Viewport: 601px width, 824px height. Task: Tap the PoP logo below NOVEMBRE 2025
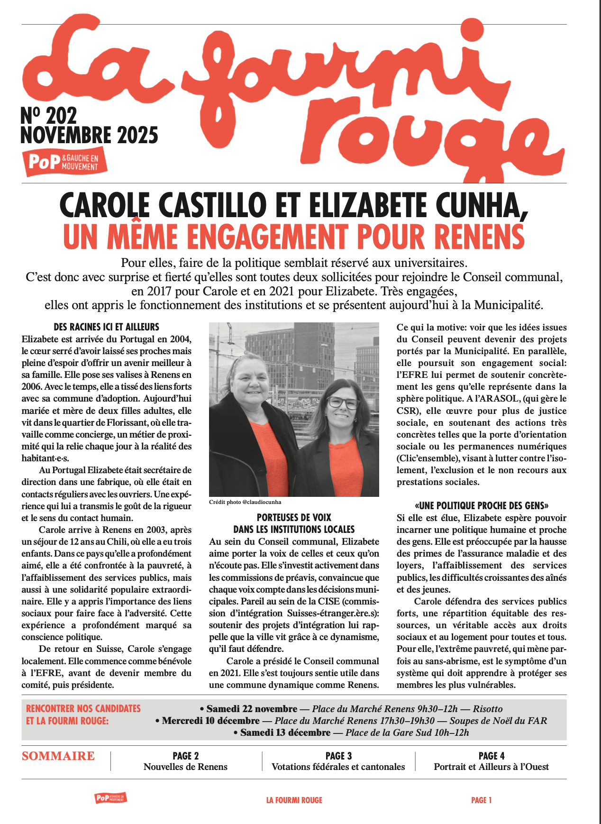pos(64,162)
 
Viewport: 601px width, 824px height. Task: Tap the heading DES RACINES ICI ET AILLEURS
pos(106,327)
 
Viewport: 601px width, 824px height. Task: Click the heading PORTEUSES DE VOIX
pos(294,518)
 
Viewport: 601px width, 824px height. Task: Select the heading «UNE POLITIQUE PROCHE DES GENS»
pos(482,506)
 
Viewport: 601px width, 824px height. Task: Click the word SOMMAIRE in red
pos(58,756)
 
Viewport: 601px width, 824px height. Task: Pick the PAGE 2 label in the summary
pos(185,756)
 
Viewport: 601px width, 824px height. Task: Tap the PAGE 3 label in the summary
pos(338,756)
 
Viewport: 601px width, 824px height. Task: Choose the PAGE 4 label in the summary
pos(491,756)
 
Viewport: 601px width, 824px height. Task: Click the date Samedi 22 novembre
pos(252,709)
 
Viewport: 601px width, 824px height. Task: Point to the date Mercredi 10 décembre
pos(211,721)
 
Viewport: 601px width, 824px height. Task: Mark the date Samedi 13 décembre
pos(285,733)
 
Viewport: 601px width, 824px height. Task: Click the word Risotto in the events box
pos(488,709)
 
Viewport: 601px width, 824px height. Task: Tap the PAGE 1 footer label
pos(481,800)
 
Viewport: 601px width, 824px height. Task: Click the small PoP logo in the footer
pos(110,798)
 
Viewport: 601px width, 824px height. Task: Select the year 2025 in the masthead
pos(138,136)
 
